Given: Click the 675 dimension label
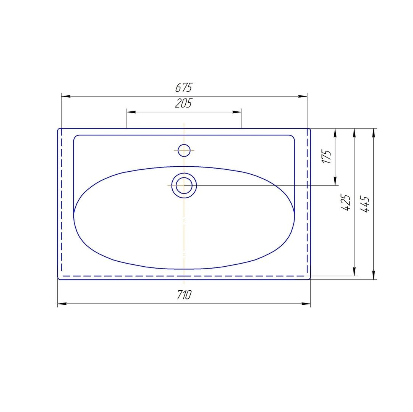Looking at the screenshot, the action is point(184,87).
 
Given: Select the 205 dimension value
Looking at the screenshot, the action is point(184,103).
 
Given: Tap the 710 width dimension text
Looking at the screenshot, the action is point(184,295).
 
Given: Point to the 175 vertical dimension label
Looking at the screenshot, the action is point(326,157).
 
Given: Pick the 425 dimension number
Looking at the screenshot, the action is point(345,203).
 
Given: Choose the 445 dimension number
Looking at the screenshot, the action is point(365,204).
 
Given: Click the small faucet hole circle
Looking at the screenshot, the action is point(184,150).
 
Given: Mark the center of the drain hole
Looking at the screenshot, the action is point(184,185).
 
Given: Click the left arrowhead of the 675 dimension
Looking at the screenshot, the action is point(66,96).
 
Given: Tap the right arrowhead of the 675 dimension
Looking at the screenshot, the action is point(303,96).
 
